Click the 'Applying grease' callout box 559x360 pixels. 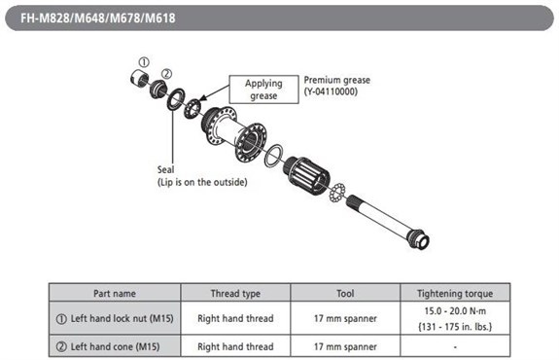262,90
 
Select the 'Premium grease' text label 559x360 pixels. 336,83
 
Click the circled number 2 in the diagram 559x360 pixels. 166,73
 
